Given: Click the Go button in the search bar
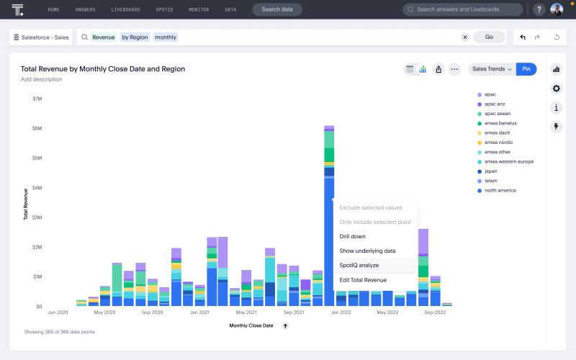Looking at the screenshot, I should coord(489,37).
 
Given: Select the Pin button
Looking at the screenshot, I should coord(526,69).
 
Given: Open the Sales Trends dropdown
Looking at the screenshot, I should coord(492,69).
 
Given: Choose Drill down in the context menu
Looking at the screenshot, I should coord(353,236).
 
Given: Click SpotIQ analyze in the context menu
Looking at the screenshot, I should coord(359,265).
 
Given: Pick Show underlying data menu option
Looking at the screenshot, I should coord(367,251).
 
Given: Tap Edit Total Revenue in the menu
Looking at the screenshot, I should coord(363,279).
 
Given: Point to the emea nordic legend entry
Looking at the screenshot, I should coord(499,143).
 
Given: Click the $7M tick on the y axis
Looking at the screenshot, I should coord(37,99).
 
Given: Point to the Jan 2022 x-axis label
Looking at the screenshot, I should coord(340,312).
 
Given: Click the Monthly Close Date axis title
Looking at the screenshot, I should coord(251,325).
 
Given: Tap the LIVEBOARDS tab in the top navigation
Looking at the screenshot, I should coord(126,9).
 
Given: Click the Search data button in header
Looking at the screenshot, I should coord(277,9).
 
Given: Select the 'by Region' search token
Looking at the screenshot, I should coord(135,37).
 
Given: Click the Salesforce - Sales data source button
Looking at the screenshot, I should coord(41,37).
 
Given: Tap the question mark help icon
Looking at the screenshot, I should coord(539,9).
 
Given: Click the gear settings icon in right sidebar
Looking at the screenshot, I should coord(556,89).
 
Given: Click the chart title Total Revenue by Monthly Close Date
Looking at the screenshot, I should coord(103,69).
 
